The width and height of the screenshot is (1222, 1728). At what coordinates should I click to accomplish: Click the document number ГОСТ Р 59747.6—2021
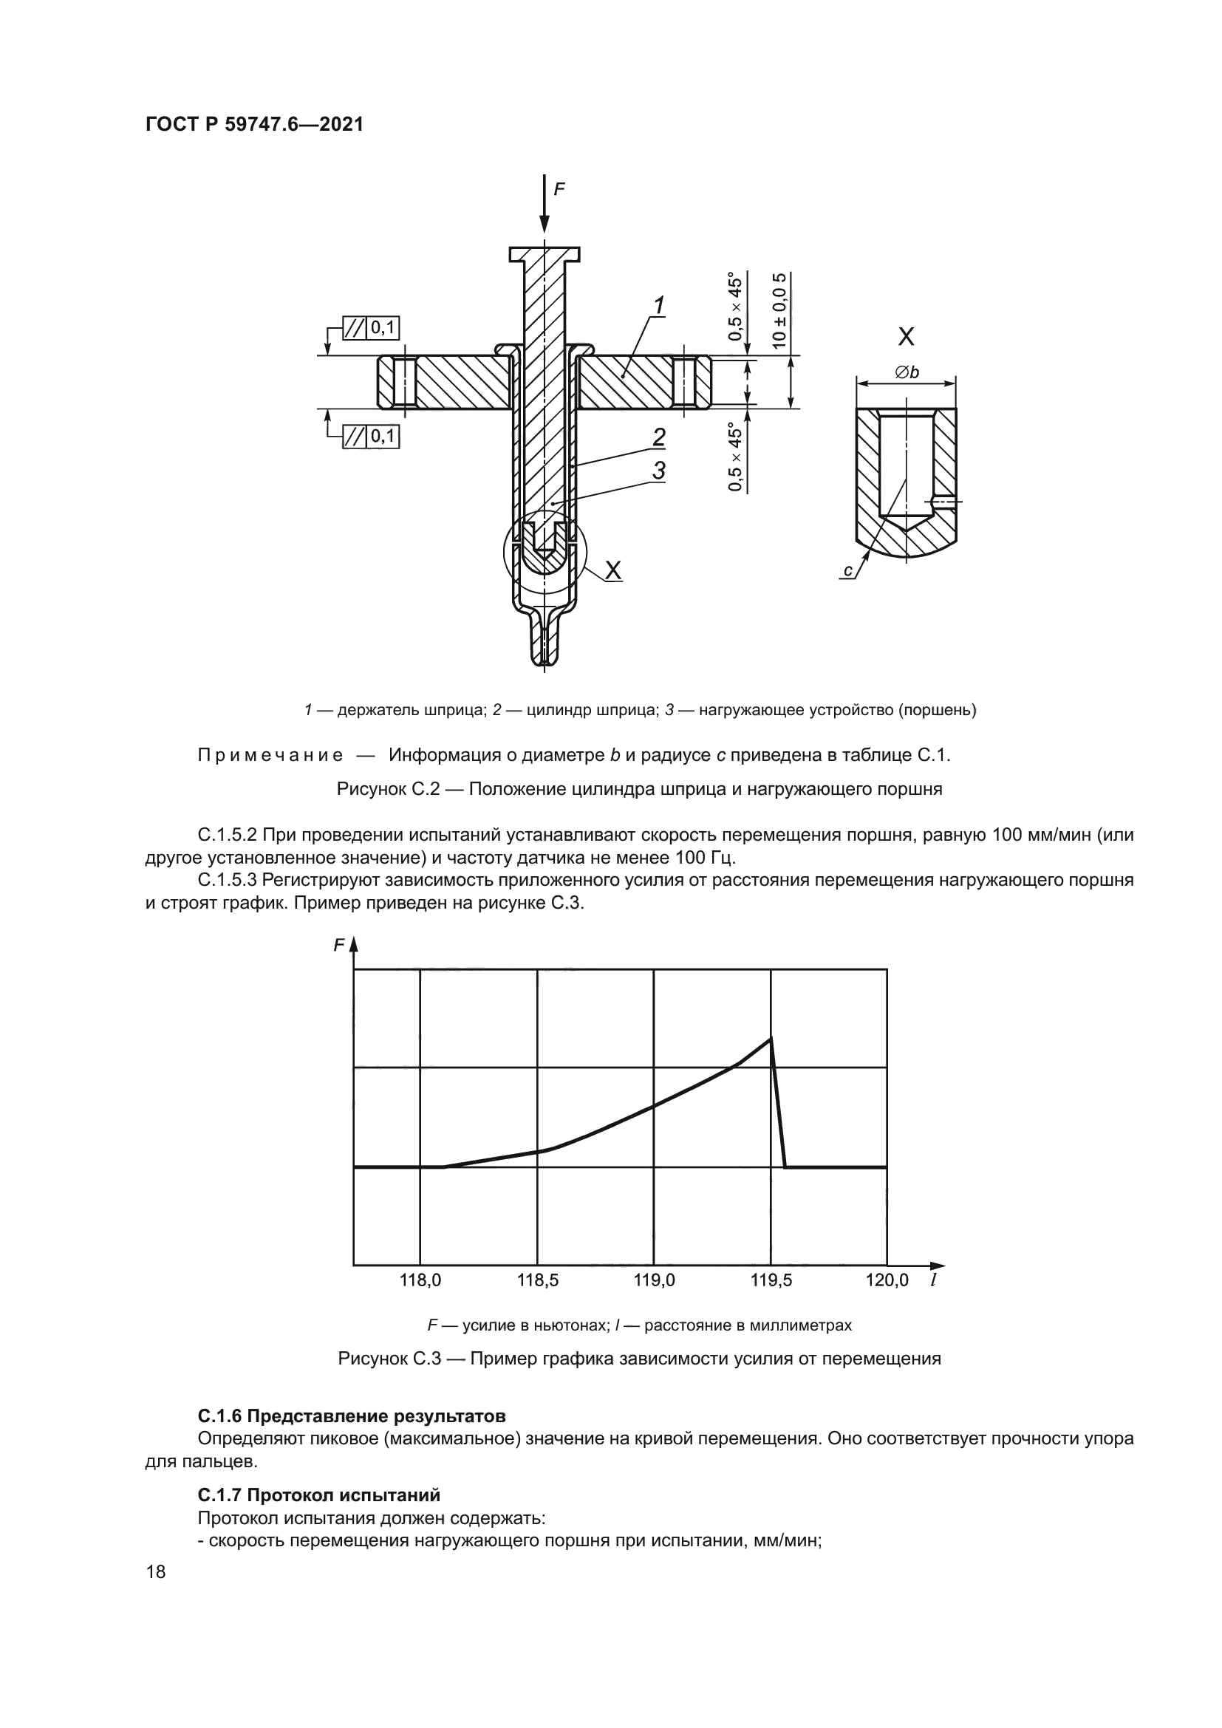click(x=254, y=125)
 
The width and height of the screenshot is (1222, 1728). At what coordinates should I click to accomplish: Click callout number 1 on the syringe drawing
click(x=659, y=306)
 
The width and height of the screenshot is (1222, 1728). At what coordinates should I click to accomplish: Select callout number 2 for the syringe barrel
click(x=658, y=437)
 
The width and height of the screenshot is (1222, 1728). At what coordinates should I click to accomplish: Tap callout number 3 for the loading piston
click(x=658, y=471)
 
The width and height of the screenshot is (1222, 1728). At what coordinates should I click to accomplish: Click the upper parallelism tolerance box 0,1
click(x=371, y=327)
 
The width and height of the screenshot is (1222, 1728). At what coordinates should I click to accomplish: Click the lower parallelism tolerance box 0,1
click(x=371, y=437)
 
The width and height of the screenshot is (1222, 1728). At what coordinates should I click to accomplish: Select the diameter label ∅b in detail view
click(x=907, y=372)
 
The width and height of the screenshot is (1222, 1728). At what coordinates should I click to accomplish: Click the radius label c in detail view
click(x=848, y=571)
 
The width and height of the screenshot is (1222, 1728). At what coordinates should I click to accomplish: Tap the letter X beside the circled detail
click(x=613, y=571)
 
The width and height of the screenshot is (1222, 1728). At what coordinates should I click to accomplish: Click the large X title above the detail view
click(x=907, y=336)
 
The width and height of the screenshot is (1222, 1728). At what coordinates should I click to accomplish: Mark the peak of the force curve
click(x=771, y=1039)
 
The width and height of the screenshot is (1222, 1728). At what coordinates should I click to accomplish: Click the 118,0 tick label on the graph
click(x=420, y=1280)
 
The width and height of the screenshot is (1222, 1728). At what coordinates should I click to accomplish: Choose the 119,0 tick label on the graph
click(x=654, y=1280)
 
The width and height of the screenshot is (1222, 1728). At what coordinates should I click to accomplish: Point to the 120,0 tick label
click(x=887, y=1280)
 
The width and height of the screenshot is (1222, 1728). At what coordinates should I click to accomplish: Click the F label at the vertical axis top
click(x=339, y=946)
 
